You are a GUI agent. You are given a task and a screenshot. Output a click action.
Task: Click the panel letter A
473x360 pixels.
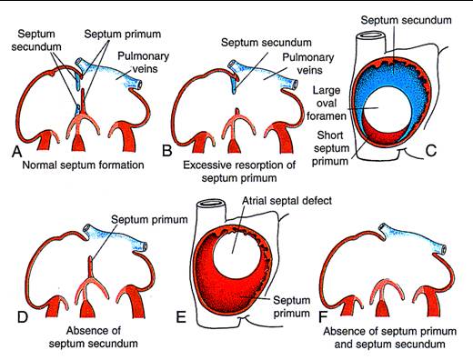[x=17, y=151]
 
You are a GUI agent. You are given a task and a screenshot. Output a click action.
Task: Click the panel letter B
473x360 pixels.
[x=167, y=151]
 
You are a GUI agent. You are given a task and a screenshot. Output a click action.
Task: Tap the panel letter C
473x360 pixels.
[x=431, y=151]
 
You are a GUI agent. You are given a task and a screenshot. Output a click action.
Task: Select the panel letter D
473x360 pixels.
[x=23, y=317]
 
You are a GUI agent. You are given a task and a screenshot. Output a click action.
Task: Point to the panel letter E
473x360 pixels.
[x=181, y=317]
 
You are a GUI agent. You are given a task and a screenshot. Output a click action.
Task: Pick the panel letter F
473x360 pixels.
[x=323, y=317]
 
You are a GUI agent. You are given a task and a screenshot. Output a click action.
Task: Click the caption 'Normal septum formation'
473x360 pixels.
[x=83, y=165]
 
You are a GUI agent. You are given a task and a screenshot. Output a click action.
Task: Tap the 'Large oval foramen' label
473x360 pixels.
[x=327, y=103]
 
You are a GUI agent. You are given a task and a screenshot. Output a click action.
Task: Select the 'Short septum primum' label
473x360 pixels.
[x=330, y=148]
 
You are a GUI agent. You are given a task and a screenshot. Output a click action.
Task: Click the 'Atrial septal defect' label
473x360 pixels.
[x=287, y=200]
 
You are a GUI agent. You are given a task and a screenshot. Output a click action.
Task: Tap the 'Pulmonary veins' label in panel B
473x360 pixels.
[x=307, y=64]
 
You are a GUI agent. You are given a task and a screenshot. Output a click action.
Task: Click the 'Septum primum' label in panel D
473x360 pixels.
[x=149, y=219]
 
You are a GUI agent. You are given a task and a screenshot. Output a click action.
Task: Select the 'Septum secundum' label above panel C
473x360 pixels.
[x=406, y=20]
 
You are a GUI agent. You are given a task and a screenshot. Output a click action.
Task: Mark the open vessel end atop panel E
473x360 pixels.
[x=211, y=204]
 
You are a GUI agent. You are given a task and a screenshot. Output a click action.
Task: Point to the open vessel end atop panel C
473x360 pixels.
[x=370, y=35]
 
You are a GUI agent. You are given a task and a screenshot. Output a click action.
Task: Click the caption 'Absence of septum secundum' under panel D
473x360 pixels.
[x=94, y=337]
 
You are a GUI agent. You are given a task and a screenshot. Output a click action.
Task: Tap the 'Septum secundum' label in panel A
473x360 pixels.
[x=36, y=40]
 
